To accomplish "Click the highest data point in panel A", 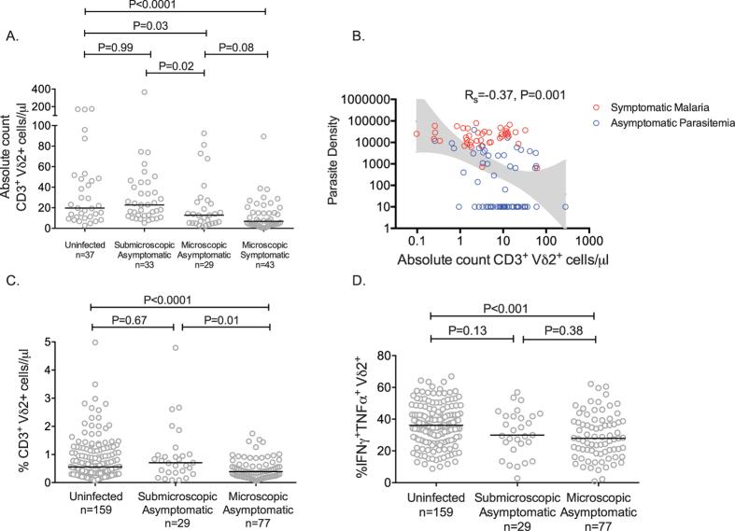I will click(145, 91).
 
